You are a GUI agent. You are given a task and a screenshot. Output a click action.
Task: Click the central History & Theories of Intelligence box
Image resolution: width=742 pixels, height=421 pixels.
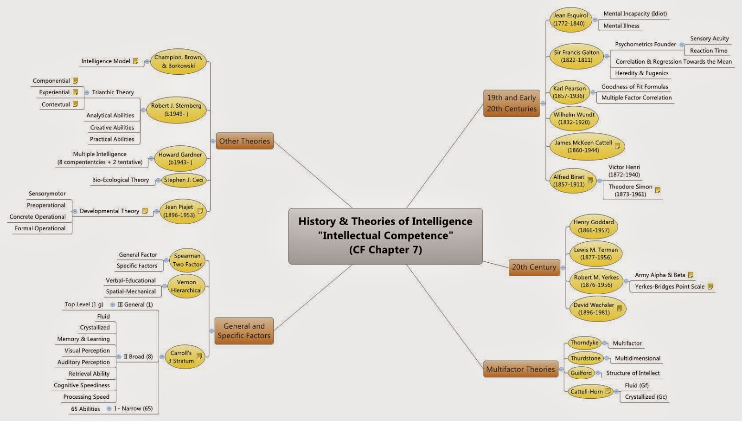click(x=385, y=236)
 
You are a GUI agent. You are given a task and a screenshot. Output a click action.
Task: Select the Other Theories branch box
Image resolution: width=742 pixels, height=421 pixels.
click(x=244, y=141)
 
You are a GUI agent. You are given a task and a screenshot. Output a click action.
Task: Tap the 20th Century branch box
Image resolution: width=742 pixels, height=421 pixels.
click(x=534, y=267)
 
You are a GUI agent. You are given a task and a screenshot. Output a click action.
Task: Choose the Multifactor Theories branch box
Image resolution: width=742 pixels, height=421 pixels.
click(x=520, y=369)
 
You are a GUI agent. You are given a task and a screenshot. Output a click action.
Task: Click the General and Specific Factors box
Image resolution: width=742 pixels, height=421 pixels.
click(x=244, y=331)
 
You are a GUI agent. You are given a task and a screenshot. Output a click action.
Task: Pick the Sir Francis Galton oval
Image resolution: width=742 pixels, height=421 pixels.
click(x=576, y=56)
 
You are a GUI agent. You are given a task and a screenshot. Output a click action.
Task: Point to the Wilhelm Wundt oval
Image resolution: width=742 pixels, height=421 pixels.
click(x=574, y=118)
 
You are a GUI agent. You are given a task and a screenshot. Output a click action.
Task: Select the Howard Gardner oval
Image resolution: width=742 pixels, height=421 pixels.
click(x=180, y=158)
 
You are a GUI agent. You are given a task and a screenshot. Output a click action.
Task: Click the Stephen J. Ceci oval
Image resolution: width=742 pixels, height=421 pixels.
click(x=183, y=180)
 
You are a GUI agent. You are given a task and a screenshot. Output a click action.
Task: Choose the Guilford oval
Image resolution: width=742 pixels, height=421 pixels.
click(x=581, y=373)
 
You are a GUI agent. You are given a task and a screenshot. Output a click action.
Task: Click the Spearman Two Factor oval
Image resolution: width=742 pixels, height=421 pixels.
click(x=187, y=260)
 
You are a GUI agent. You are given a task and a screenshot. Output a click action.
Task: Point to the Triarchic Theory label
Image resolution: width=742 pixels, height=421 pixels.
click(x=113, y=92)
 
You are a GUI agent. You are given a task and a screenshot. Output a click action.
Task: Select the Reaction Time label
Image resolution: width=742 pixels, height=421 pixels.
click(x=708, y=51)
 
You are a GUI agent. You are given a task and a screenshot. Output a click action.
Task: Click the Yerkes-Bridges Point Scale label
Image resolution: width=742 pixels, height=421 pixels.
click(x=669, y=286)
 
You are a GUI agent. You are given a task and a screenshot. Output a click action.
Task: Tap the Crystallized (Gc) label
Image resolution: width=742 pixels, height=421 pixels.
click(x=646, y=397)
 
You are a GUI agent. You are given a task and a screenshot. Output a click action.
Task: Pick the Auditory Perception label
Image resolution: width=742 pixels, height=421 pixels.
click(x=83, y=362)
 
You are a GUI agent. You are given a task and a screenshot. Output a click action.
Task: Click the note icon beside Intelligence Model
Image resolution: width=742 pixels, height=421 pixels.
click(x=135, y=61)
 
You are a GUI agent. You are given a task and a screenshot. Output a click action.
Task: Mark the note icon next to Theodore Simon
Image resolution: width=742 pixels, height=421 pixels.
click(x=657, y=190)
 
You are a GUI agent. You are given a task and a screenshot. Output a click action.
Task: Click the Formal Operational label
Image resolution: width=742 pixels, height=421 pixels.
click(x=40, y=228)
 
